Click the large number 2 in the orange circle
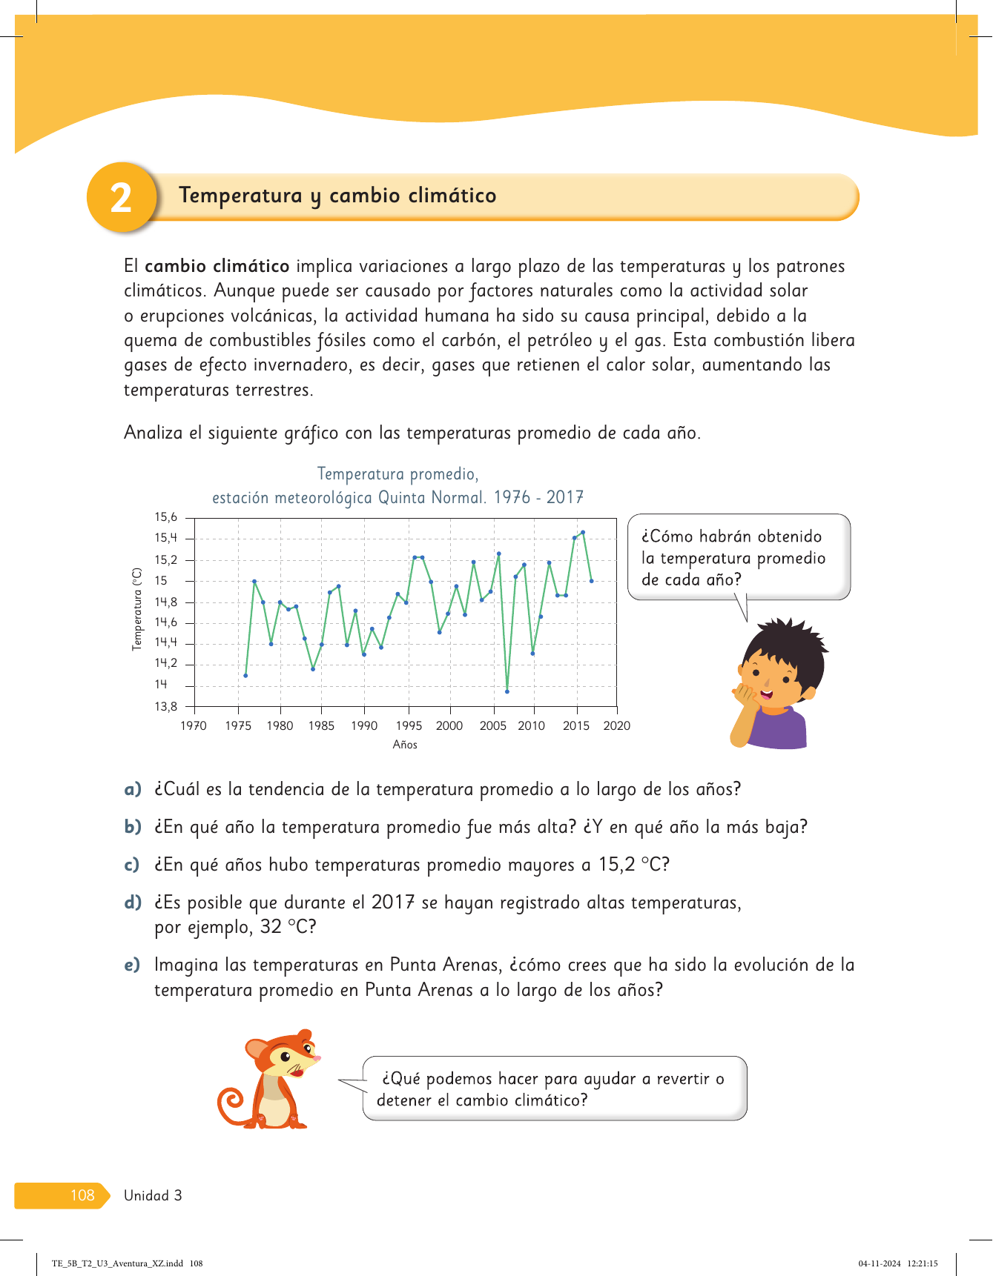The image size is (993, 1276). point(121,199)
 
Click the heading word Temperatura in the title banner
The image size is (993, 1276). point(240,196)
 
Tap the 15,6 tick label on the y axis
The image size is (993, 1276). point(165,517)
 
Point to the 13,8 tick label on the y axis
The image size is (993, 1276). point(165,707)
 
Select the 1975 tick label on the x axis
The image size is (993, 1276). point(238,726)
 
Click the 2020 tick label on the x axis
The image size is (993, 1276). point(616,726)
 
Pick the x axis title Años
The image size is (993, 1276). point(405,745)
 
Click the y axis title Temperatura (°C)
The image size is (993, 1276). point(137,609)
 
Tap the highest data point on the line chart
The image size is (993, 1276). point(583,532)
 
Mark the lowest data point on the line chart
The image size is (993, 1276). point(507,691)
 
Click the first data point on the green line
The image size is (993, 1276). point(245,676)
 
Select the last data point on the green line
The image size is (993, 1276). point(592,581)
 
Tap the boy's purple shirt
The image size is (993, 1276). point(779,729)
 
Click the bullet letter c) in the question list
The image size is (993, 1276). point(132,865)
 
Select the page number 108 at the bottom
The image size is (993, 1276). point(82,1195)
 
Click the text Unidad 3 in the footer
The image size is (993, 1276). point(153,1195)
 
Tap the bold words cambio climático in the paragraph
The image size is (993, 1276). point(217,266)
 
